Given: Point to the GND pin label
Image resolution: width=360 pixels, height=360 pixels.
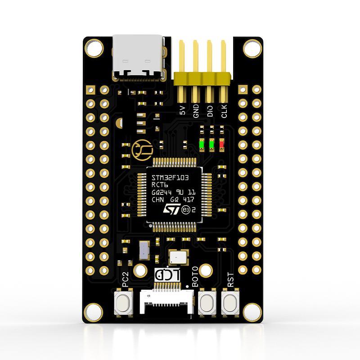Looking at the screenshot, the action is coord(196,111).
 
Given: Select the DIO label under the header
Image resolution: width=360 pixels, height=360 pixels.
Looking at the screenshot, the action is coord(210,111).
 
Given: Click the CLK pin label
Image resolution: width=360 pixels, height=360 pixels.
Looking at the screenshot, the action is coord(224,111).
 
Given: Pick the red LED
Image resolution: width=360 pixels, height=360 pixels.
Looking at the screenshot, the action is coord(221,144).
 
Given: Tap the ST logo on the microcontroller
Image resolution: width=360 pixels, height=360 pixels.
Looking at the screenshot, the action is coord(171,209).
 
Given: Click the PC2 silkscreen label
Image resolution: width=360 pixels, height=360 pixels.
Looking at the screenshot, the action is coord(126,279).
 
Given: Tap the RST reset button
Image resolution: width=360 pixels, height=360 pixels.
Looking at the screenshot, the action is coord(230,301).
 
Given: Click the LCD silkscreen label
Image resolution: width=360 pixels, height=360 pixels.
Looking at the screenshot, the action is coord(167,274).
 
